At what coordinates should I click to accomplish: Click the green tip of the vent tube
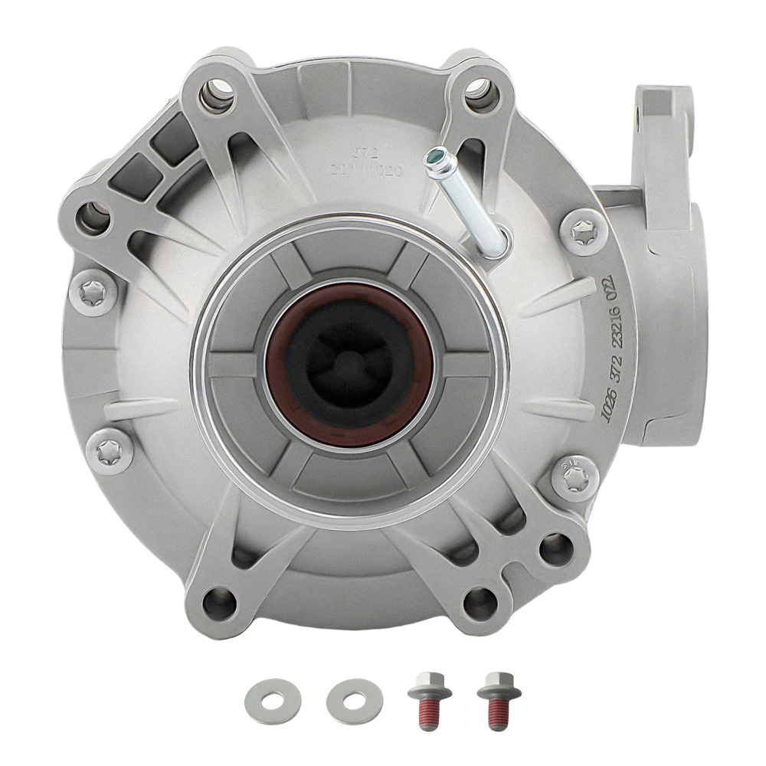(437, 157)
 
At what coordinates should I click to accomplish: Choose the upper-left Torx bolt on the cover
(98, 290)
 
